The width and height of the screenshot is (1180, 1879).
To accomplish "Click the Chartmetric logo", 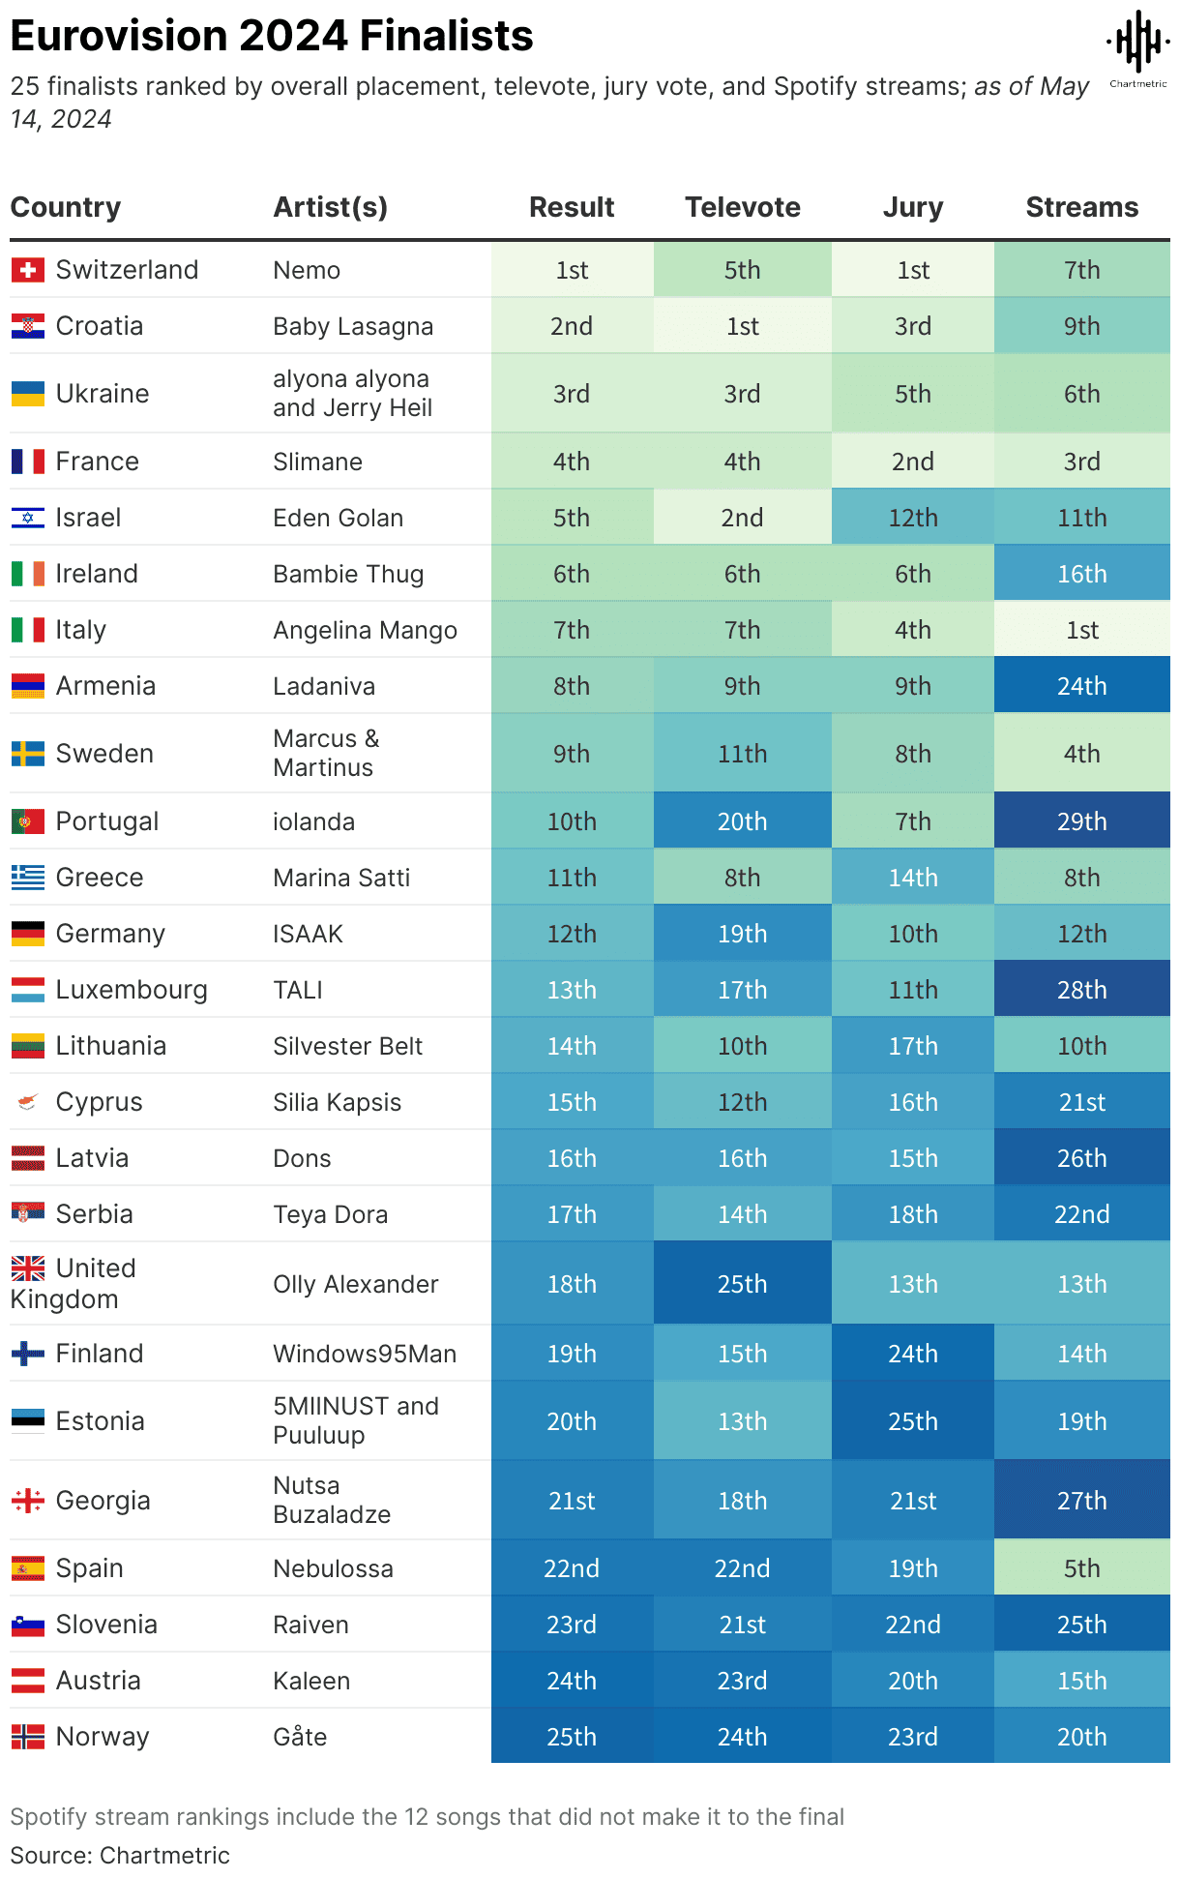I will pos(1138,47).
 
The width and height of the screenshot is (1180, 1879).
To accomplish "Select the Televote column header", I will pos(742,207).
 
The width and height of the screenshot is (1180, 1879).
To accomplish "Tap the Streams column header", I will pos(1081,207).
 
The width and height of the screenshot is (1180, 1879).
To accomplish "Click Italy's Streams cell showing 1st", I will pos(1081,630).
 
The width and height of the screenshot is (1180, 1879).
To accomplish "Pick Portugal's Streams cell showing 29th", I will pos(1081,821).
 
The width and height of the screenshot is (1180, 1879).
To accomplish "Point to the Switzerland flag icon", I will pos(28,270).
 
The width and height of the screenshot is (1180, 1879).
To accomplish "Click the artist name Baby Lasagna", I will pos(353,326).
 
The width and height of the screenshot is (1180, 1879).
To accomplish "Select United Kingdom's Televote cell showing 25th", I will pos(742,1284).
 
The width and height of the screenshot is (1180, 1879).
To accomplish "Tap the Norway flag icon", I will pos(28,1737).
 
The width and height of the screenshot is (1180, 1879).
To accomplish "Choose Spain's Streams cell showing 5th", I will pos(1081,1568).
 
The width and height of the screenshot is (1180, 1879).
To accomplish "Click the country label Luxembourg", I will pos(132,990).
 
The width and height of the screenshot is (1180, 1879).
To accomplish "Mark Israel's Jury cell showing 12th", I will pos(912,518).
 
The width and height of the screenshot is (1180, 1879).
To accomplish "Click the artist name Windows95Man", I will pos(365,1354).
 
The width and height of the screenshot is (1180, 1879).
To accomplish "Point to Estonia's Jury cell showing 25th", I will pos(912,1421).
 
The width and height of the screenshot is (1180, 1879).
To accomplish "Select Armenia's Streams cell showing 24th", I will pos(1081,686).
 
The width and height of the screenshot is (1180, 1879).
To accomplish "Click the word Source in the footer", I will pos(48,1855).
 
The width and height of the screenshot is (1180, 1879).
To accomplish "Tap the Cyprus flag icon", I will pos(28,1102).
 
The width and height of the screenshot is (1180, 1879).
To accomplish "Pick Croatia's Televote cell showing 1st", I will pos(742,326).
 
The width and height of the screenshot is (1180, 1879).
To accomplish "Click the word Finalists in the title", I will pos(446,36).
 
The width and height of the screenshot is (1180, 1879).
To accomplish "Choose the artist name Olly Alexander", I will pos(356,1284).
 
